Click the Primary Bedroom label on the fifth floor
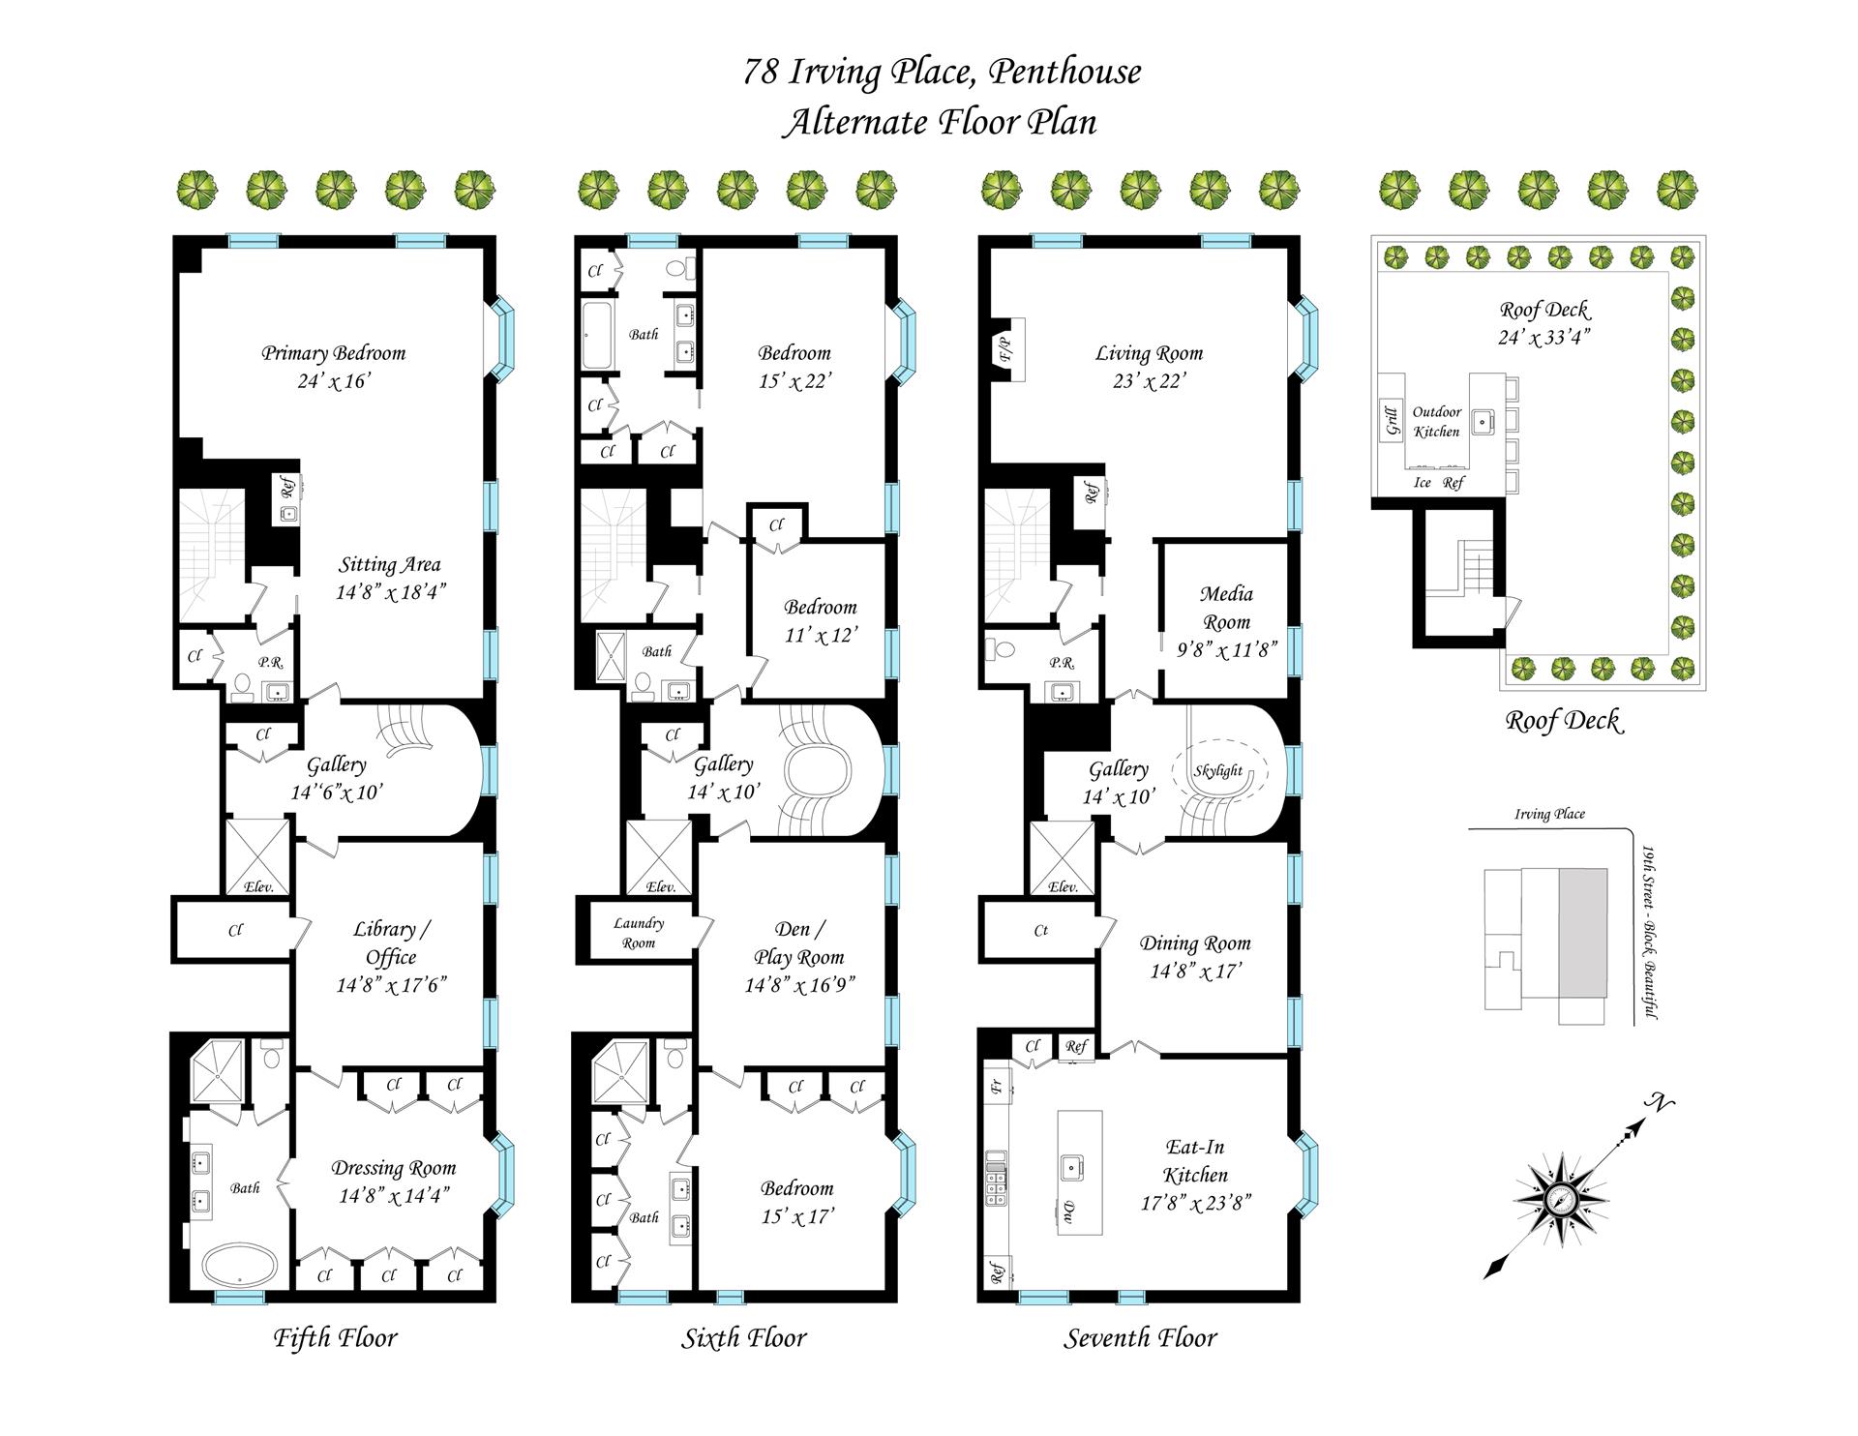pos(333,353)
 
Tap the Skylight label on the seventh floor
pos(1217,771)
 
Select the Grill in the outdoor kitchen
pos(1393,422)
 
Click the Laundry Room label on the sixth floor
pos(639,933)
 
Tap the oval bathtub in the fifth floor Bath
pos(240,1264)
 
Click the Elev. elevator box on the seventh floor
pos(1062,858)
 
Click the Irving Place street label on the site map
pos(1549,814)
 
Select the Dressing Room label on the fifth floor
pos(393,1168)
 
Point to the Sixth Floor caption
pos(743,1338)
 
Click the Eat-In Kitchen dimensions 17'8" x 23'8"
pos(1195,1204)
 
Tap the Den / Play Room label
pos(798,942)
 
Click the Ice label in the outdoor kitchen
pos(1422,483)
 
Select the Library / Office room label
pos(391,942)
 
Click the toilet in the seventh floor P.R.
pos(997,646)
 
